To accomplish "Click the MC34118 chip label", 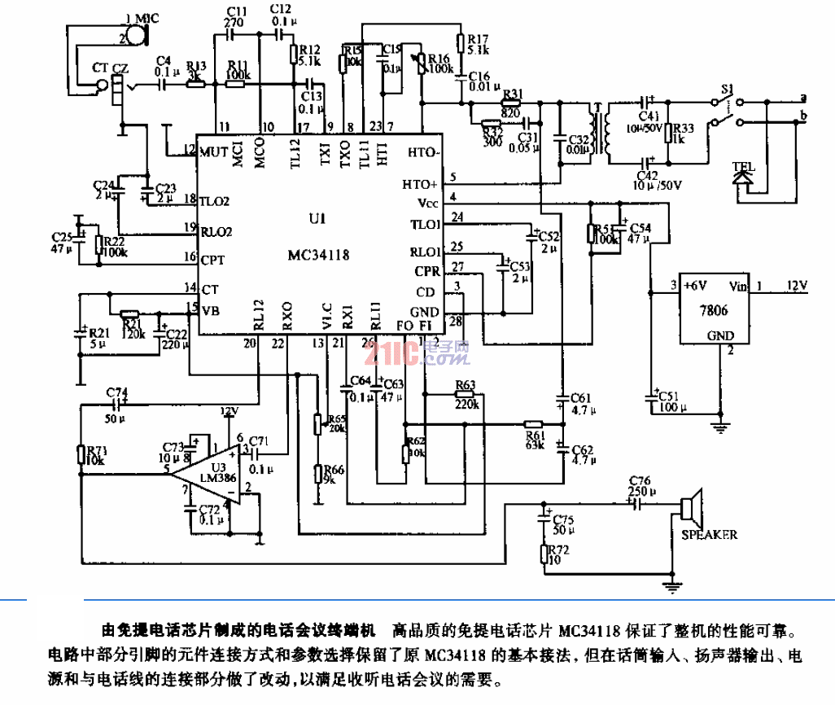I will (x=318, y=253).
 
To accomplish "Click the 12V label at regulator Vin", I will (x=795, y=286).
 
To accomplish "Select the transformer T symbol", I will (x=602, y=133).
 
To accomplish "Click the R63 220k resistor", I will (x=466, y=394).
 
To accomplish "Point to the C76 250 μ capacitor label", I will (x=640, y=485).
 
